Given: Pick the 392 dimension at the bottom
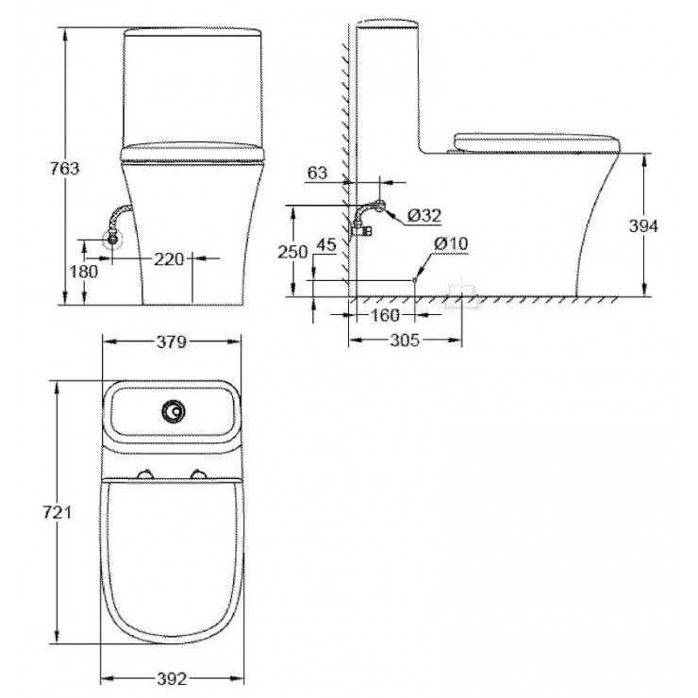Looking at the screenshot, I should click(x=171, y=678).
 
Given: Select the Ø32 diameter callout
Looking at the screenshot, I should click(x=425, y=216).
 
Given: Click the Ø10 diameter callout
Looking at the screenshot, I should click(x=451, y=243).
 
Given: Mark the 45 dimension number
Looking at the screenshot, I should click(x=326, y=244).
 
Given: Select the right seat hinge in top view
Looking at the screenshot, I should click(x=199, y=474).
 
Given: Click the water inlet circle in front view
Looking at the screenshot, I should click(x=112, y=239).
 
